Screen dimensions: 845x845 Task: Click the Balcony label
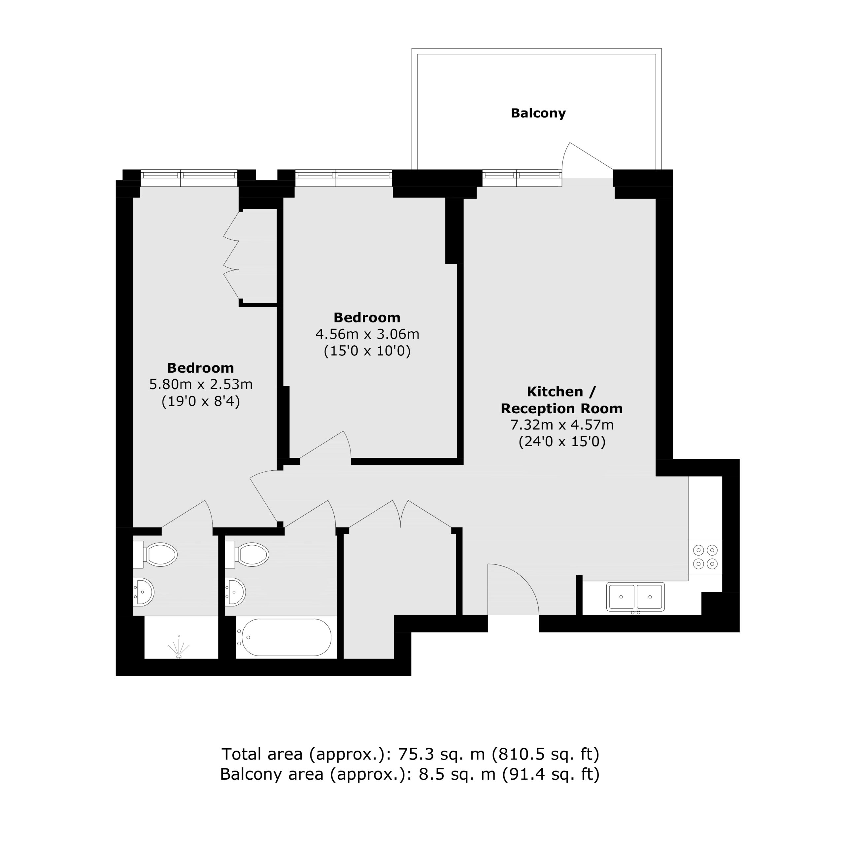[538, 113]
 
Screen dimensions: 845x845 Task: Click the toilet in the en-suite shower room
[155, 555]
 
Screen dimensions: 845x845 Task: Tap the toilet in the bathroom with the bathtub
[247, 555]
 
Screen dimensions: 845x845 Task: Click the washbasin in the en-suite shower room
[144, 592]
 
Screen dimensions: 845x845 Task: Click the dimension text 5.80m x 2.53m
[201, 385]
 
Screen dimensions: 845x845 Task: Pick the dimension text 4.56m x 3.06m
[367, 334]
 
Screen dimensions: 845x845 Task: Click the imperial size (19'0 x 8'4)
[201, 401]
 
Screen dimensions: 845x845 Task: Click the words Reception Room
[561, 409]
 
